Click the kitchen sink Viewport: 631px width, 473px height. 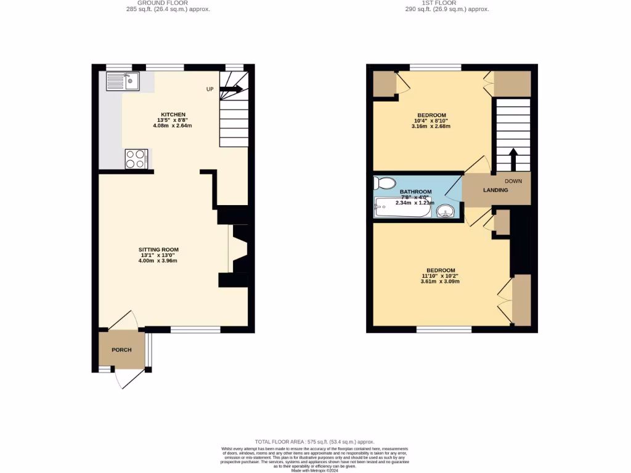[123, 81]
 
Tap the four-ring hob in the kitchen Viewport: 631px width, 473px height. [136, 159]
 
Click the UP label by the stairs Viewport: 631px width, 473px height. [210, 89]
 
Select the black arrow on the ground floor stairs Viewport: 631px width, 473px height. [230, 89]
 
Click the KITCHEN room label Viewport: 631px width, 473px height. [173, 115]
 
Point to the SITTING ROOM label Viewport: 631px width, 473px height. [158, 249]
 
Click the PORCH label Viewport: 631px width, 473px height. [121, 350]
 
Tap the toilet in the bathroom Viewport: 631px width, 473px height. [385, 184]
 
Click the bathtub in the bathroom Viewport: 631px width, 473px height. [402, 208]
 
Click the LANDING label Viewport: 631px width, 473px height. [495, 190]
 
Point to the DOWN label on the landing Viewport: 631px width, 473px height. [513, 181]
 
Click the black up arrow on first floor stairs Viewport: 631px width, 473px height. [512, 159]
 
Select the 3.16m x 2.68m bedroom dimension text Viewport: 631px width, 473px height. [431, 126]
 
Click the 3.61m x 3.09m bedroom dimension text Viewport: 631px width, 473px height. [440, 281]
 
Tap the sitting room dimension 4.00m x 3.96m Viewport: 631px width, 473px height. [158, 261]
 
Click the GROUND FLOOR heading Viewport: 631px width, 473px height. [158, 2]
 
